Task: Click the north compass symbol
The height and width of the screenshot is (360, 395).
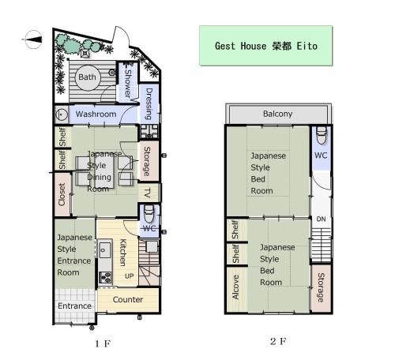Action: pyautogui.click(x=33, y=39)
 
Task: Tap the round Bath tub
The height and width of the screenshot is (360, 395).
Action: pyautogui.click(x=88, y=77)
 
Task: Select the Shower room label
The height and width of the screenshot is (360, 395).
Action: pyautogui.click(x=128, y=82)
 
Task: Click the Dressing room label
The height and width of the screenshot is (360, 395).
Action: pyautogui.click(x=149, y=103)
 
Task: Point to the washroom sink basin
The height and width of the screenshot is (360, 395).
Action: pyautogui.click(x=62, y=114)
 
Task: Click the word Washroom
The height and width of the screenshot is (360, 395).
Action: pyautogui.click(x=96, y=114)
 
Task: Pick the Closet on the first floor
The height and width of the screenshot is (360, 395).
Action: pyautogui.click(x=62, y=194)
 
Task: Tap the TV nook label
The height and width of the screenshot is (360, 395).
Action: pyautogui.click(x=148, y=193)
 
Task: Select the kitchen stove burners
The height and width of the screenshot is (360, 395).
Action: pyautogui.click(x=105, y=277)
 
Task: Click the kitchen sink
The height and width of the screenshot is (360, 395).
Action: pyautogui.click(x=105, y=249)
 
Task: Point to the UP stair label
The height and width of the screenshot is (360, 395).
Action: pyautogui.click(x=129, y=276)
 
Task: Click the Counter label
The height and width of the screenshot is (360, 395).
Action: pyautogui.click(x=128, y=299)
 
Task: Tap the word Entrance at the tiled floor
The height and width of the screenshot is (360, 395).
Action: pyautogui.click(x=74, y=306)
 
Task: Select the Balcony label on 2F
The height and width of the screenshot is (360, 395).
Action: pyautogui.click(x=278, y=114)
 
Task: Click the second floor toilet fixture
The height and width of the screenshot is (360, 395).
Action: pyautogui.click(x=322, y=135)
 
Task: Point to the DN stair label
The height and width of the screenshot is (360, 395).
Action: pyautogui.click(x=321, y=219)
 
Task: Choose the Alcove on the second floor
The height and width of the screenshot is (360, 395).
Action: pyautogui.click(x=236, y=287)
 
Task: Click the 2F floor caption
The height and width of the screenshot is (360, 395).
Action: pyautogui.click(x=278, y=342)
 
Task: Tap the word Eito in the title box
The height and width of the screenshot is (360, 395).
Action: pyautogui.click(x=307, y=46)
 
